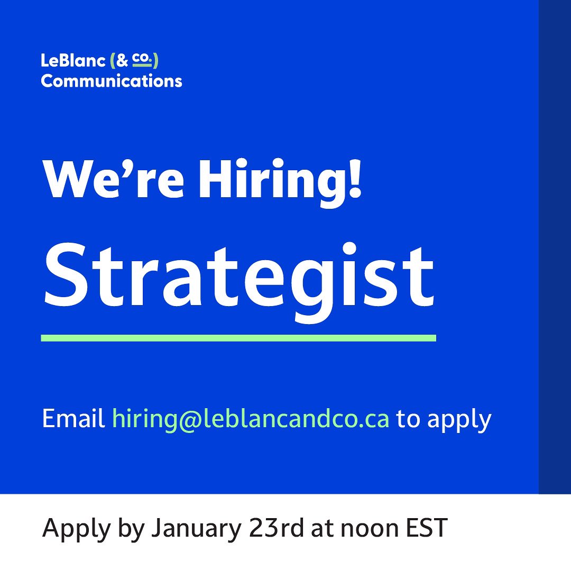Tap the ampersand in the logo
click(123, 62)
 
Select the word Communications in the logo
click(112, 81)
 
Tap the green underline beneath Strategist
click(238, 338)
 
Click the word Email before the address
click(73, 419)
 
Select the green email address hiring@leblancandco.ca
click(251, 420)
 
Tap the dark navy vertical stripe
click(555, 246)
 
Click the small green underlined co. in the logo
click(141, 60)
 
